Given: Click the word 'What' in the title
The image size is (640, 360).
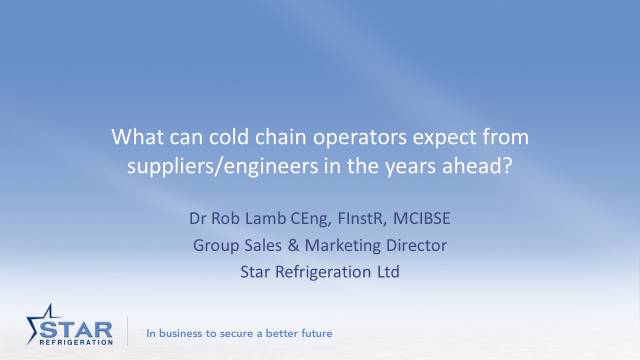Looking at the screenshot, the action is coord(137,137).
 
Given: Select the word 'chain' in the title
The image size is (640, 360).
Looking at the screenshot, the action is coord(280,137).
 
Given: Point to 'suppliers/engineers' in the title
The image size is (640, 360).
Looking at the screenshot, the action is coord(222,166).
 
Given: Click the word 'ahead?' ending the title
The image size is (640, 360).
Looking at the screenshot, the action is coord(477,166).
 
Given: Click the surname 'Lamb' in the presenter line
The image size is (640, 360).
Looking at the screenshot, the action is coord(265,218).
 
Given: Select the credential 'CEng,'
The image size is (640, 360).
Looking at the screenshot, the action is coord(311,219).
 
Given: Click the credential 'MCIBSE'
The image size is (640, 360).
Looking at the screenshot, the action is coord(421,218).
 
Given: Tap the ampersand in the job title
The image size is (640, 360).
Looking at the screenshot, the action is coord(293,245).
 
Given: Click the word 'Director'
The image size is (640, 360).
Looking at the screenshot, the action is coord(416,245).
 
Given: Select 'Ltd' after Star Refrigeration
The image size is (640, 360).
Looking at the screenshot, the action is coord(388,271).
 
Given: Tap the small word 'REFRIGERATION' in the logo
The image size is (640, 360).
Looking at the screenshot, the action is coord(76,342).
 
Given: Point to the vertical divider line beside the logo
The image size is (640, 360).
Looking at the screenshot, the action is coord(127,331).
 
